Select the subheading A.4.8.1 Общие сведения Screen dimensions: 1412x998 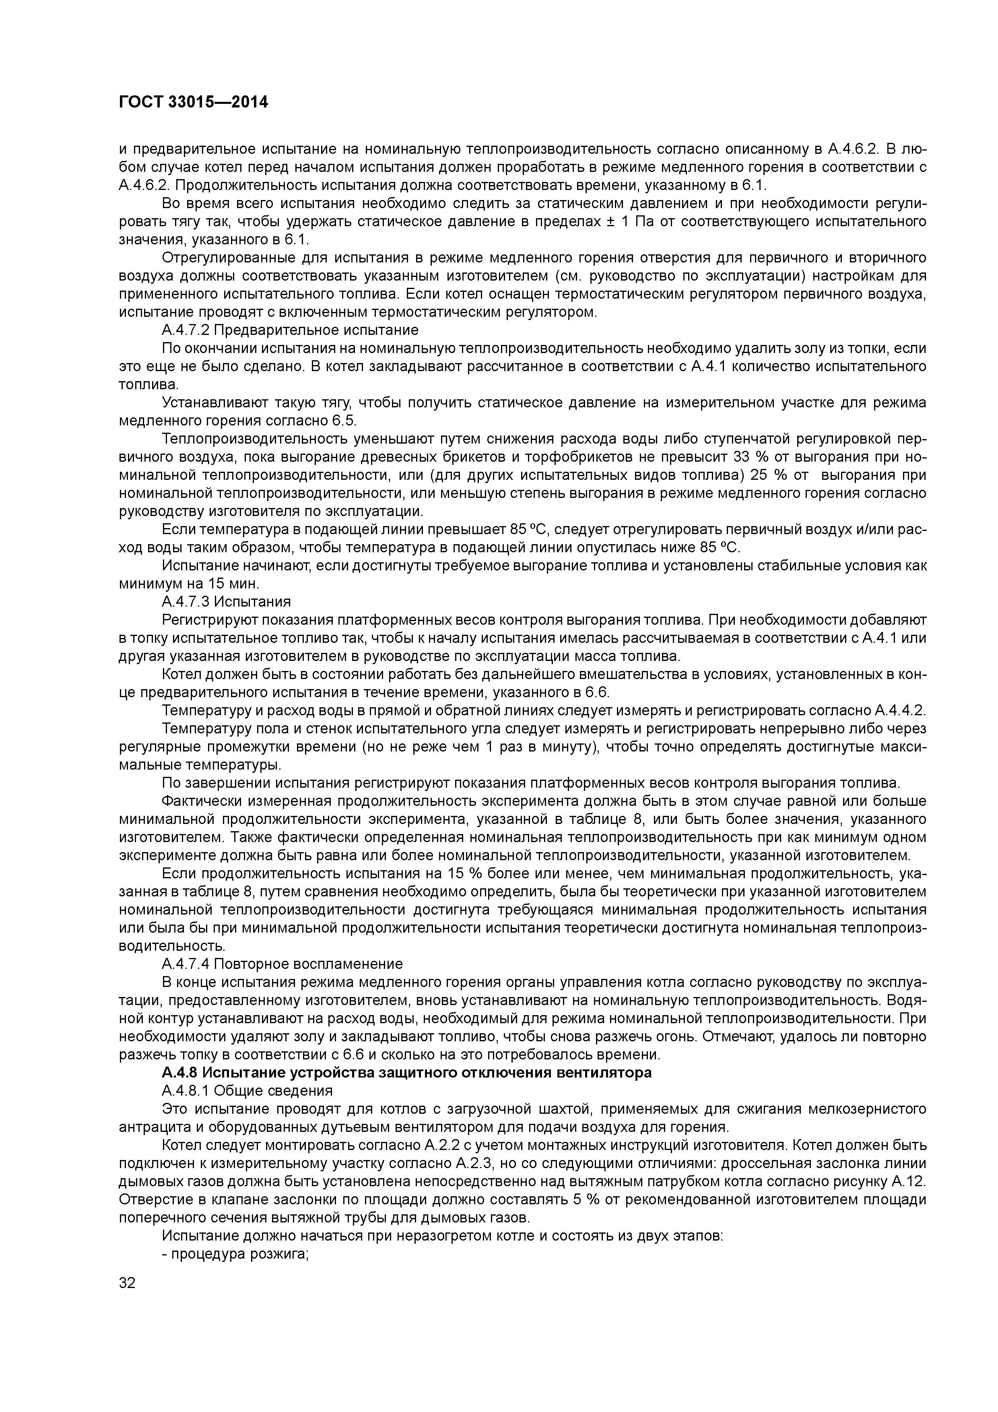tap(247, 1090)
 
